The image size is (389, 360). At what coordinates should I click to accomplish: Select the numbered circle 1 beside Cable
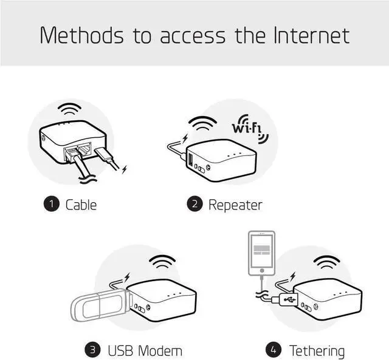[x=51, y=205]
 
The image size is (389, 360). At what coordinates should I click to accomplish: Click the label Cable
[x=81, y=205]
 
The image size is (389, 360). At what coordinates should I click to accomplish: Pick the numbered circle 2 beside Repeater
[x=194, y=205]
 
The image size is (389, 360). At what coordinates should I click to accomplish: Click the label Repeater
[x=235, y=205]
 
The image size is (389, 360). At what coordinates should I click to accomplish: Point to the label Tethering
[x=317, y=350]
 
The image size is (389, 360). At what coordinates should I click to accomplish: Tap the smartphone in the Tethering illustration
[x=261, y=252]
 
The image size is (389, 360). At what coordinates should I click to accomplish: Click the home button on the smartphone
[x=261, y=268]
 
